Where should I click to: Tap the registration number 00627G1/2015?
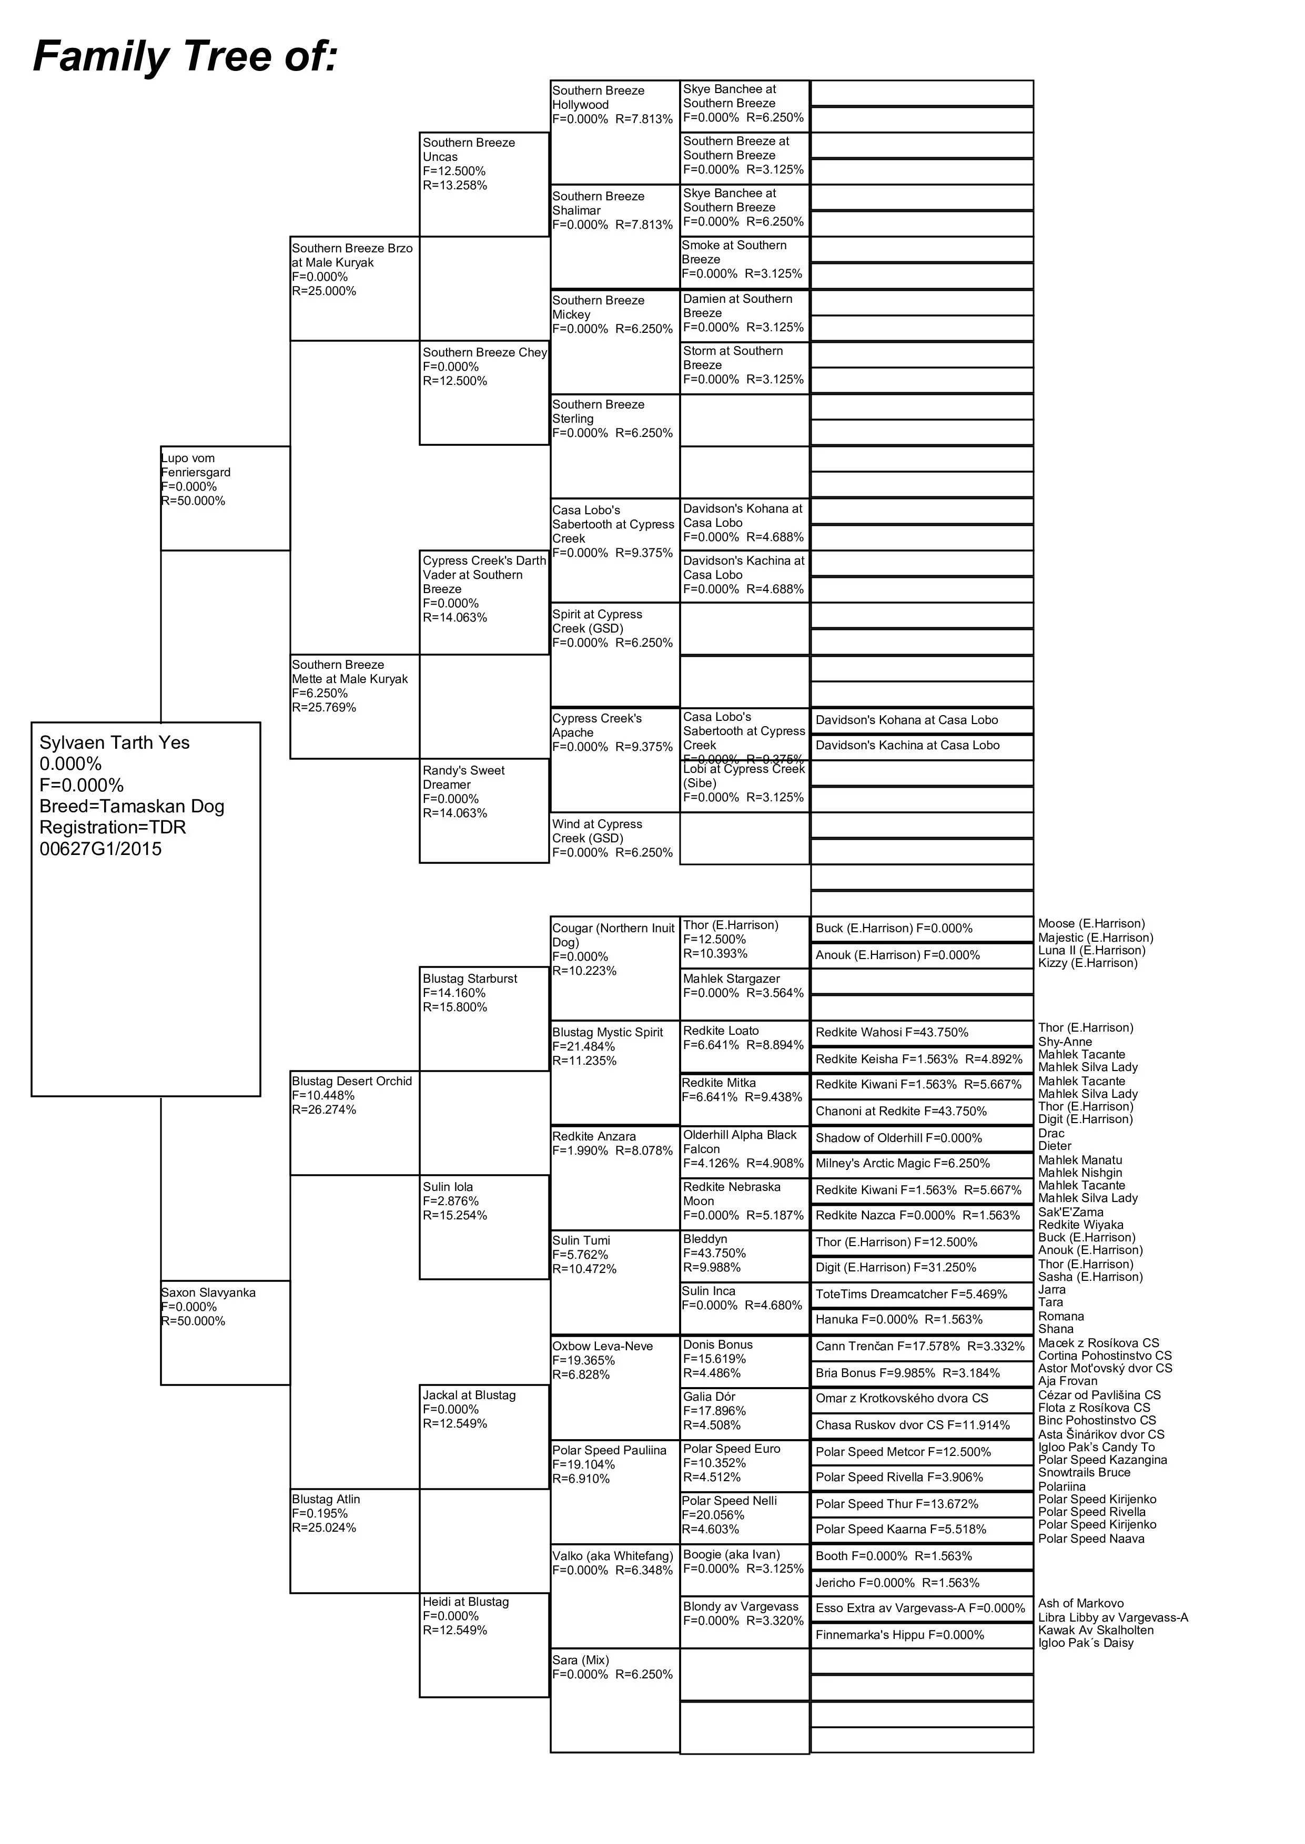click(100, 849)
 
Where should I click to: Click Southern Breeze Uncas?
click(469, 149)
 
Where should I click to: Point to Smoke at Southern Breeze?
click(734, 252)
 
